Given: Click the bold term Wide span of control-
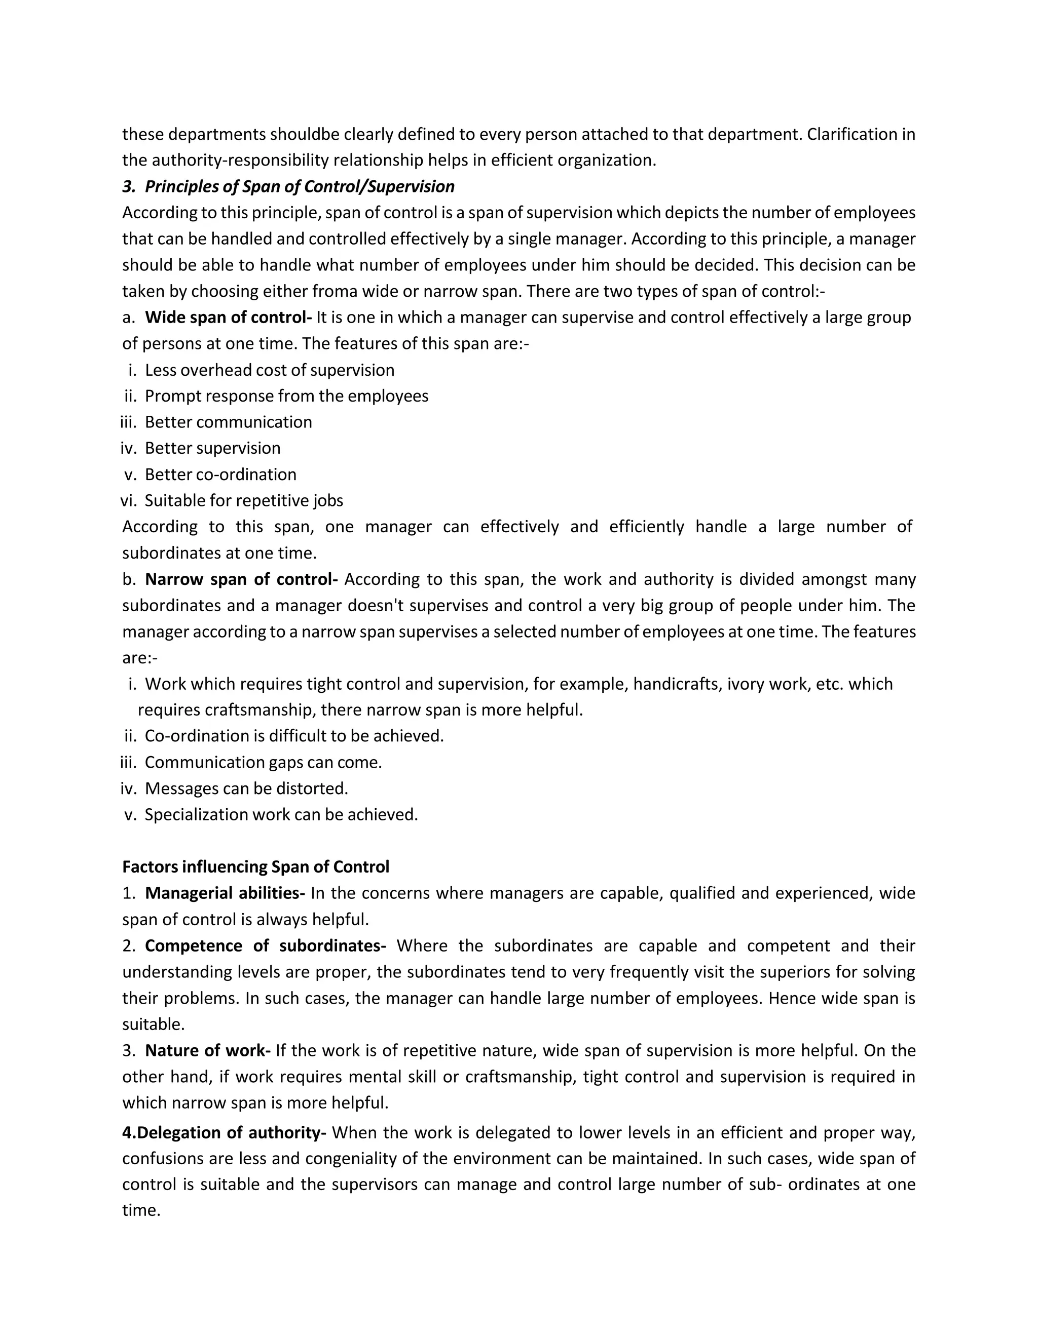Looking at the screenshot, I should click(x=228, y=318).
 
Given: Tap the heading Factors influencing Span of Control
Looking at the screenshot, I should click(x=255, y=867).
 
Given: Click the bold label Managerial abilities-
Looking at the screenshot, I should click(x=225, y=893).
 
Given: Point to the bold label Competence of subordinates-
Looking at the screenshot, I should click(x=265, y=945).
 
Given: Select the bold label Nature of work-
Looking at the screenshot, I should click(x=207, y=1051).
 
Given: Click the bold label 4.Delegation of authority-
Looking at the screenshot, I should click(x=224, y=1132).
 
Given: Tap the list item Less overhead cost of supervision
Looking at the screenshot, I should click(x=269, y=370).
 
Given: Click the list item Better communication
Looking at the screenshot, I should click(x=228, y=422).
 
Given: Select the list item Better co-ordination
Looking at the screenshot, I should click(x=220, y=475).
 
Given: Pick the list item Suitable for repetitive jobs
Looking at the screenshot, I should click(x=243, y=501).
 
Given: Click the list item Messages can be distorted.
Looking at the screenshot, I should click(x=246, y=788).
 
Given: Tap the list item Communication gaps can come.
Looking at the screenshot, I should click(x=263, y=763).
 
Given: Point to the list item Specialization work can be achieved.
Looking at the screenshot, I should click(x=281, y=815).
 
